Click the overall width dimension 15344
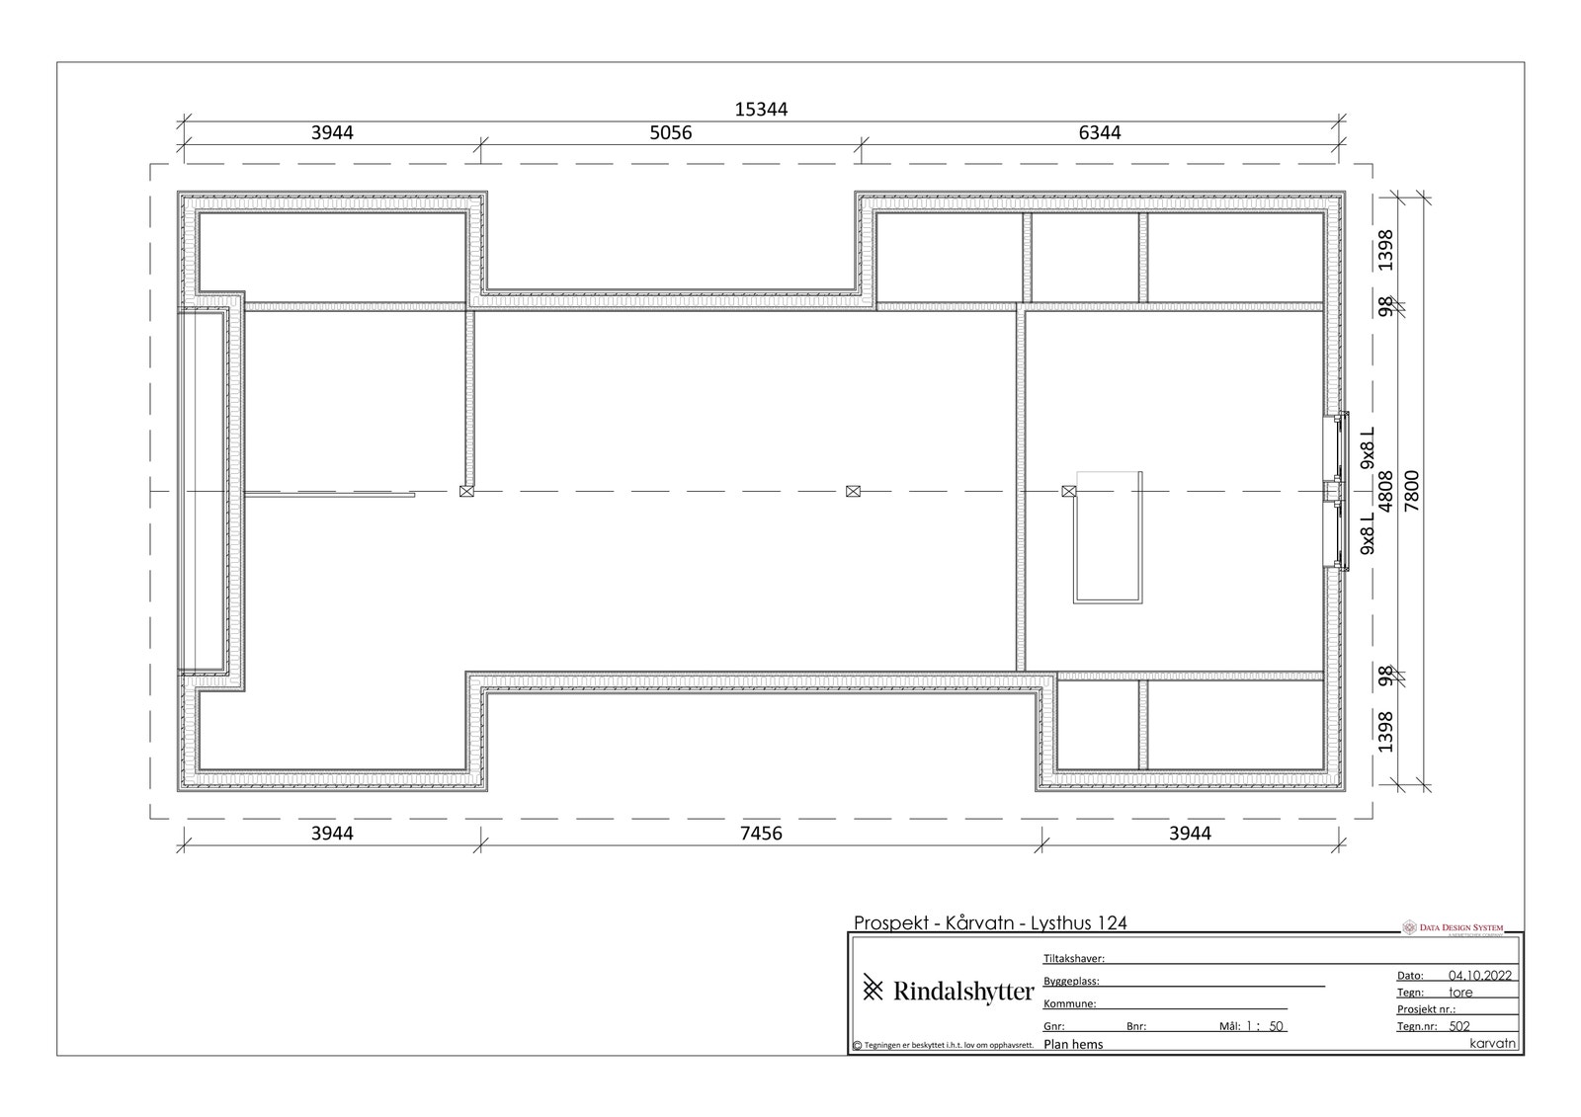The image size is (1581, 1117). tap(761, 110)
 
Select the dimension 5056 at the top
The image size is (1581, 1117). tap(670, 132)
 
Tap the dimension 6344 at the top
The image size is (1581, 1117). tap(1099, 132)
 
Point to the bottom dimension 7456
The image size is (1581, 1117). tap(761, 834)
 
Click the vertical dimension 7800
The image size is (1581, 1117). tap(1412, 490)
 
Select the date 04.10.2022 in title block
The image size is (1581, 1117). tap(1480, 975)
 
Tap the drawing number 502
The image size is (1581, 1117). tap(1459, 1026)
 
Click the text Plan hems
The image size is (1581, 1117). tap(1073, 1044)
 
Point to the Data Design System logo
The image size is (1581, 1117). tap(1453, 927)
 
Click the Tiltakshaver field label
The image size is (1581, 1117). tap(1073, 958)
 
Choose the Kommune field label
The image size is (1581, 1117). tap(1069, 1003)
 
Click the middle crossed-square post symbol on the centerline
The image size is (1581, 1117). tap(853, 491)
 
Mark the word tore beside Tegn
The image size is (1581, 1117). tap(1460, 993)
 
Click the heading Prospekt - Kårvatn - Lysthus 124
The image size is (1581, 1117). tap(989, 923)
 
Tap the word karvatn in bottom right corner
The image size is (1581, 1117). tap(1492, 1043)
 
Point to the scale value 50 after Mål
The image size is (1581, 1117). tap(1276, 1026)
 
